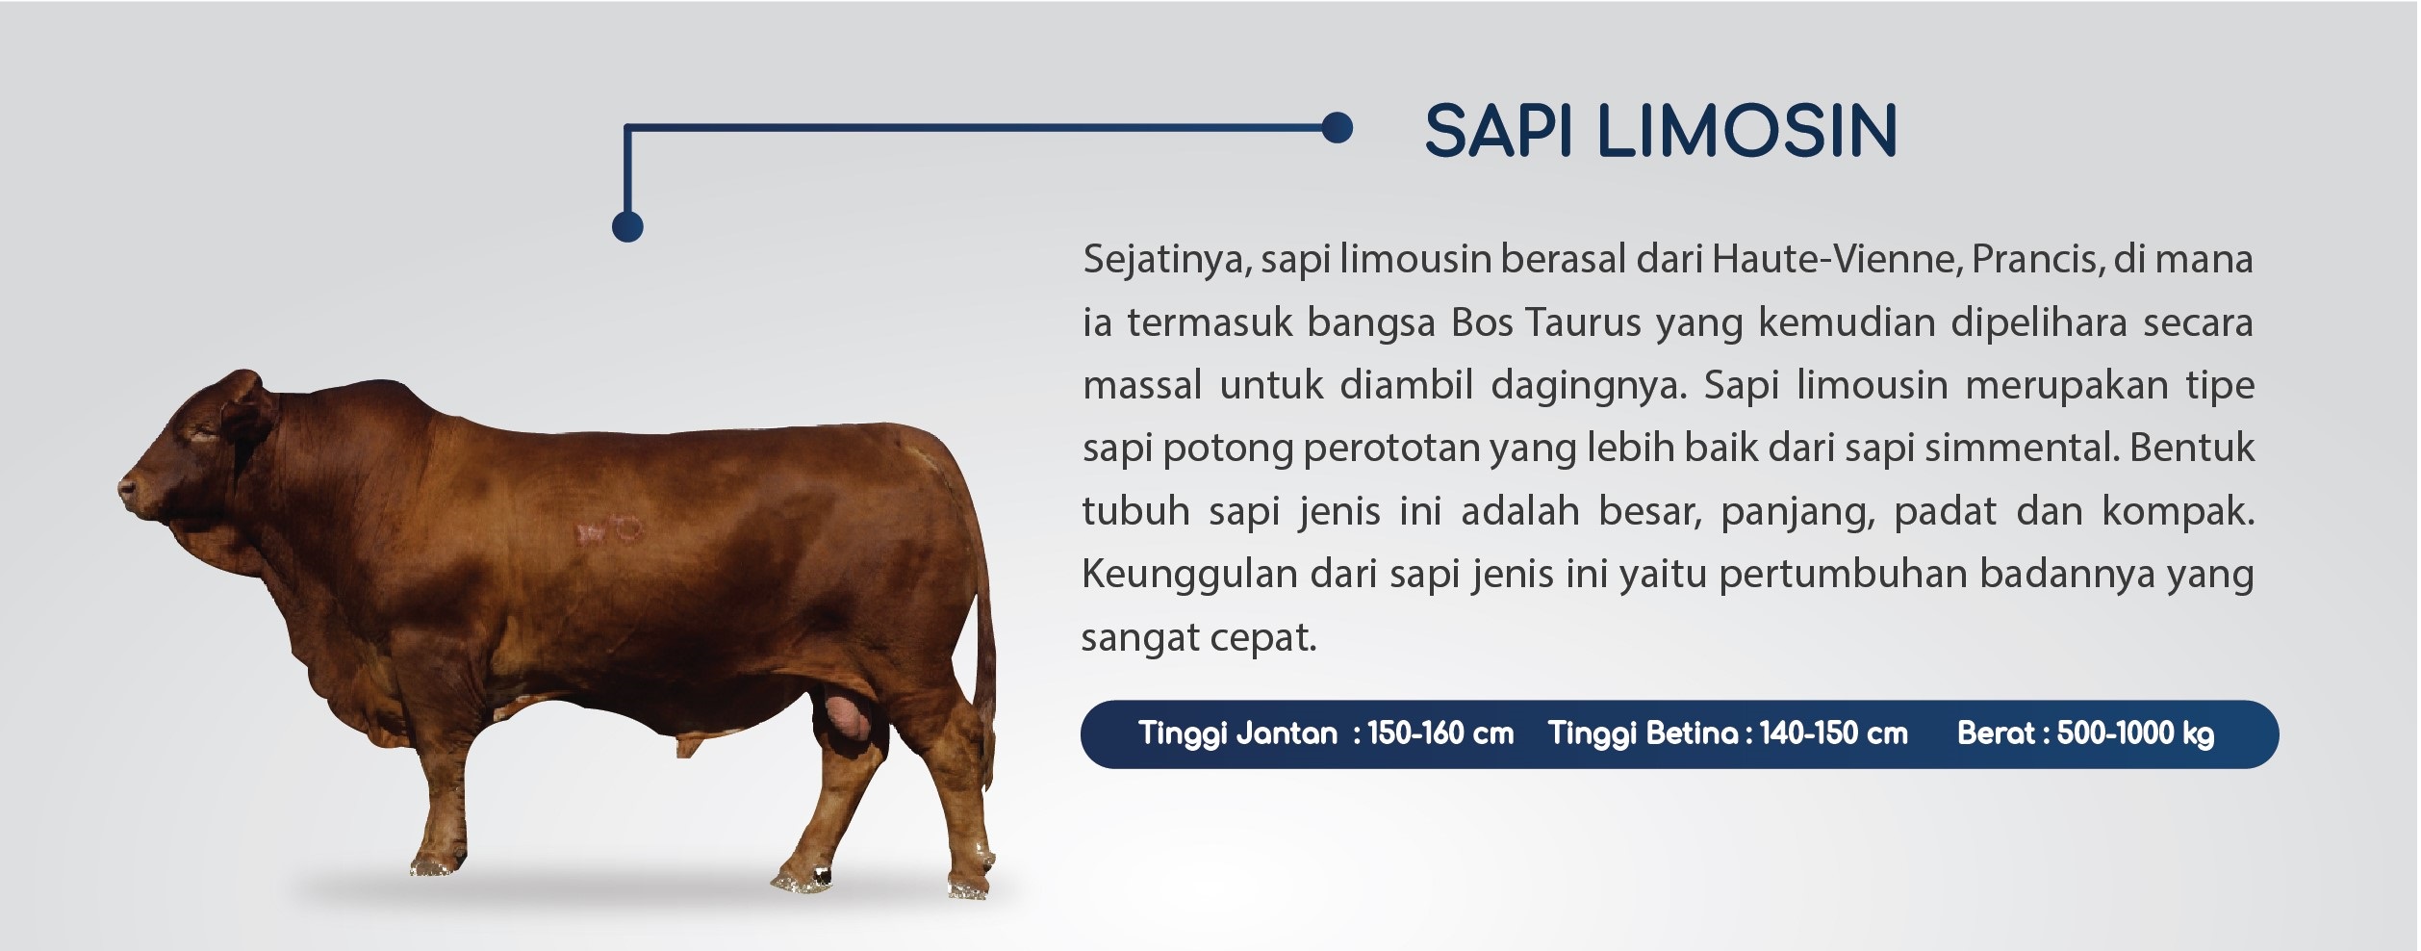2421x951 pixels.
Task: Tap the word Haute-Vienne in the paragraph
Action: (x=1837, y=259)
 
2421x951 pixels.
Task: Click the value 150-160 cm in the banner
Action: (x=1440, y=733)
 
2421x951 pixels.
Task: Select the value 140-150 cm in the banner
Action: (x=1833, y=733)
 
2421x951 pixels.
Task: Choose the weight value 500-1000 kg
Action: (x=2135, y=734)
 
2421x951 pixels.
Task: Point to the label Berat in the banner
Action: (x=1995, y=733)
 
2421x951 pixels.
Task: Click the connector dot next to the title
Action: (x=1337, y=127)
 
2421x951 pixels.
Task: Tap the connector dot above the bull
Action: (x=627, y=226)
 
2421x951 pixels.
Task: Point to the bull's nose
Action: (x=126, y=490)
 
